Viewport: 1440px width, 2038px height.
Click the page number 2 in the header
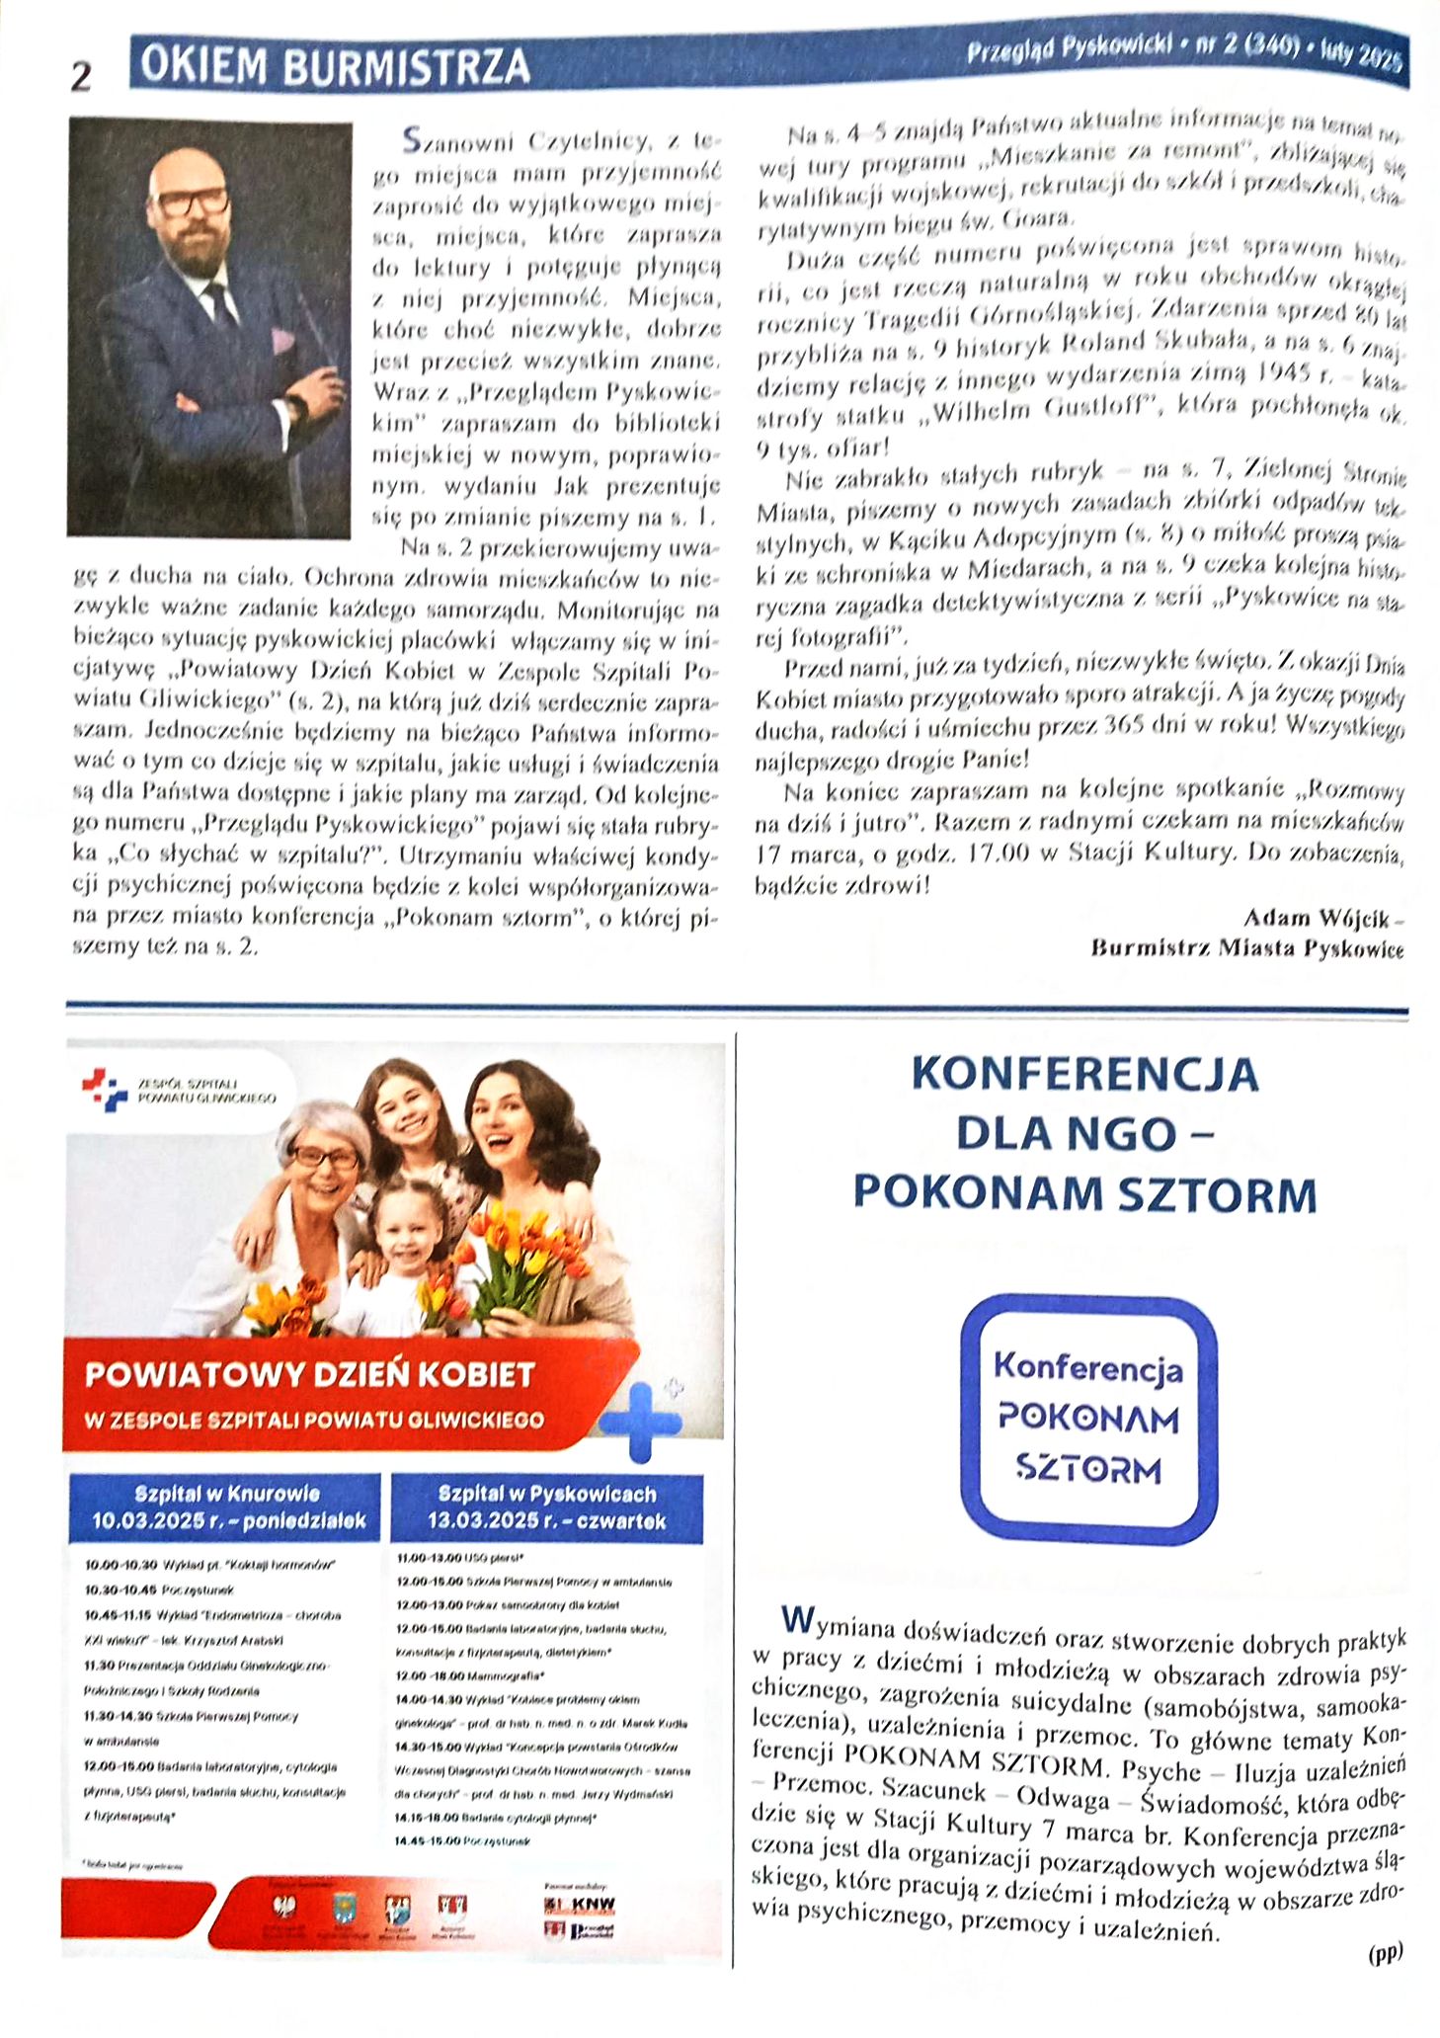tap(81, 76)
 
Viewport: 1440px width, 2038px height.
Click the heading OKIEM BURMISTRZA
tap(335, 66)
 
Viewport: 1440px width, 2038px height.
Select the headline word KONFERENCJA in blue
tap(1084, 1075)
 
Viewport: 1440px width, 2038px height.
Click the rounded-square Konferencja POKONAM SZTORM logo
tap(1088, 1419)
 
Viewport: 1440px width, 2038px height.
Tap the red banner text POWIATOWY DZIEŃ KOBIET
tap(309, 1374)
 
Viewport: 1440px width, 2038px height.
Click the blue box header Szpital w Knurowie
tap(227, 1493)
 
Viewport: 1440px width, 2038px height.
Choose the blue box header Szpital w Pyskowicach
tap(546, 1493)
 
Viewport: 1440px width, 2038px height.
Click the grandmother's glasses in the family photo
tap(324, 1158)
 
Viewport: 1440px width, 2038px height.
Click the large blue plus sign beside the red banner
tap(640, 1421)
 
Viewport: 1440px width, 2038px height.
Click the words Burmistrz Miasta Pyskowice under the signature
tap(1246, 948)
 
